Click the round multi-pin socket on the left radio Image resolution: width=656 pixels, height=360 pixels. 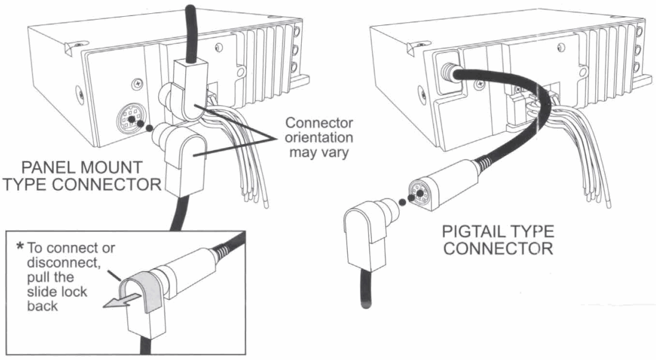(131, 119)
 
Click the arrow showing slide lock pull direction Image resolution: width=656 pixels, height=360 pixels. (119, 300)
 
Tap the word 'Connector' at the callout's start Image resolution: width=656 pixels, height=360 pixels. (319, 123)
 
